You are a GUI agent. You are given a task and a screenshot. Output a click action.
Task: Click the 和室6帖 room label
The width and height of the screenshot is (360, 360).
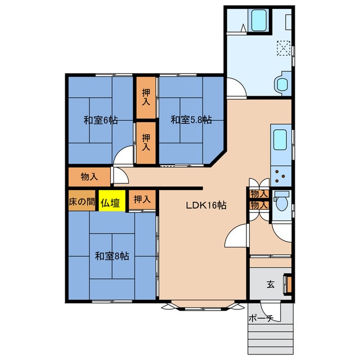coord(101,120)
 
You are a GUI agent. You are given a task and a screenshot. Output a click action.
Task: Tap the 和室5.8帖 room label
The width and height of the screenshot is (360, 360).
coord(191,120)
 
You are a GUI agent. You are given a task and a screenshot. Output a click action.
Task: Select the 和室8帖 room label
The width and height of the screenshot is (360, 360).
coord(112,256)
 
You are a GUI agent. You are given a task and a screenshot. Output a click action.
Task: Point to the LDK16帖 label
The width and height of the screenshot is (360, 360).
coord(206,205)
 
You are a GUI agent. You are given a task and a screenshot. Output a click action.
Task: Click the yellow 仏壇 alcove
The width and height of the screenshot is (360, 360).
coord(112,200)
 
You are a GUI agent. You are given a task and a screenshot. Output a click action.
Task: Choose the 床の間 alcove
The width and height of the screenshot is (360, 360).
coord(82,200)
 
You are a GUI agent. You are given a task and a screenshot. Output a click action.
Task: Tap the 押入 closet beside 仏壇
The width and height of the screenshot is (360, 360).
coord(142,200)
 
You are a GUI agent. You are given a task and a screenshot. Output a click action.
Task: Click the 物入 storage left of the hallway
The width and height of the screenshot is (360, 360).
coord(89,177)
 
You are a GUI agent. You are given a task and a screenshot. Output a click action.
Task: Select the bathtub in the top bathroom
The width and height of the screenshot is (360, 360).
coord(259,20)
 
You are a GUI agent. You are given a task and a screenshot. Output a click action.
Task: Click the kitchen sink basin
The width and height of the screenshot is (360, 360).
coord(280,140)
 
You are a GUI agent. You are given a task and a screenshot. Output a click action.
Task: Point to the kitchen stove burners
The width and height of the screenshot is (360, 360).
coord(281,176)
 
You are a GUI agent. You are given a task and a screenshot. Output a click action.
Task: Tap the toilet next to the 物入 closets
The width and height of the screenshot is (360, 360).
coord(281,201)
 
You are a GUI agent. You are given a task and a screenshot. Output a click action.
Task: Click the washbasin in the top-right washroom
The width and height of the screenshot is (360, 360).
coord(282,84)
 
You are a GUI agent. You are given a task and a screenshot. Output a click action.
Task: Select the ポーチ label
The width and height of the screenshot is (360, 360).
coord(261,318)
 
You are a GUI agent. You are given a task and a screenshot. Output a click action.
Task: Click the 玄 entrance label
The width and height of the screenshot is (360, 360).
coord(271,284)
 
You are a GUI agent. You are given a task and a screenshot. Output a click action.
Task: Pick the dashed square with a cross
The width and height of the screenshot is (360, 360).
coord(283,48)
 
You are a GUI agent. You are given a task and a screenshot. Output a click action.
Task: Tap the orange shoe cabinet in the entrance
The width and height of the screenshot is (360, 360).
coord(289,285)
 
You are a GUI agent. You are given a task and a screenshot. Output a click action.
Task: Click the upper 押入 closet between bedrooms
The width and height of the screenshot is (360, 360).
coord(146,97)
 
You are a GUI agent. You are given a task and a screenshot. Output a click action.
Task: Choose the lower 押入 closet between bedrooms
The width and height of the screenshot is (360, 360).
coord(146,142)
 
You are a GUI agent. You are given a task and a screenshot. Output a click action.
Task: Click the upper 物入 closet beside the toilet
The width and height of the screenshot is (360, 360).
coord(259,194)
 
